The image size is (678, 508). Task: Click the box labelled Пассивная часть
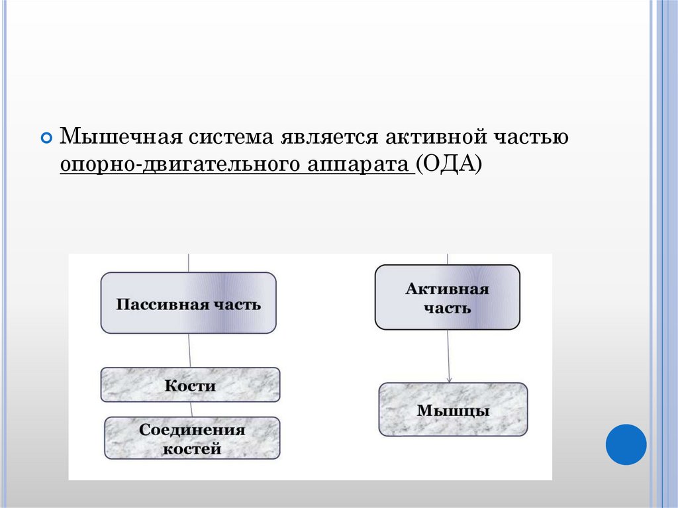pos(188,303)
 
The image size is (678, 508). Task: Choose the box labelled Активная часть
pos(447,297)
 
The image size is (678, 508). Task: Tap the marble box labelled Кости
pos(190,385)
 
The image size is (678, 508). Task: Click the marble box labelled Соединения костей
pos(192,438)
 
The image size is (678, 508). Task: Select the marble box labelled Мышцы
pos(453,409)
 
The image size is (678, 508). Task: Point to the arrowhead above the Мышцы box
pos(449,380)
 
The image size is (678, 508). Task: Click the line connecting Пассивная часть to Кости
pos(190,350)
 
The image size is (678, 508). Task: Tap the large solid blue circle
pos(626,444)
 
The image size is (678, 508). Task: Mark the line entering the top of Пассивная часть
pos(189,263)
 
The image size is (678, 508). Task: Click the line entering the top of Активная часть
pos(448,259)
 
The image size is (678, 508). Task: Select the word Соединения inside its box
pos(192,430)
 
